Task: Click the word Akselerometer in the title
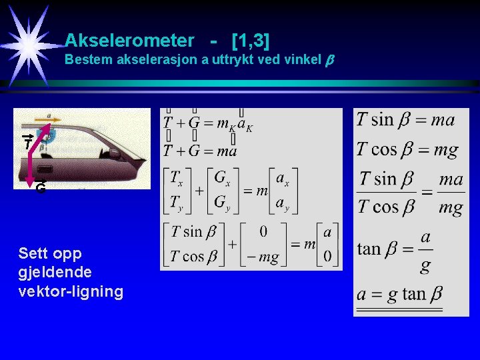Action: (129, 41)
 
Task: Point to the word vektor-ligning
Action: (71, 291)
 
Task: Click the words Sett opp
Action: (50, 253)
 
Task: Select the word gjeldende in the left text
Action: (56, 272)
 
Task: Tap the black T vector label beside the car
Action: (27, 143)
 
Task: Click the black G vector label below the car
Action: (41, 189)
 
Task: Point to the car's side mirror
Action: (115, 154)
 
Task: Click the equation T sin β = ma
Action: (405, 120)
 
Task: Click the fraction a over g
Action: (425, 251)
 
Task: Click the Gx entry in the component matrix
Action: (223, 180)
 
